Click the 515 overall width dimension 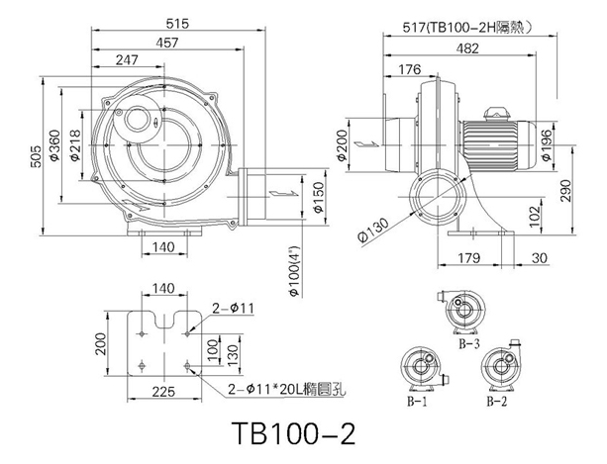pyautogui.click(x=177, y=24)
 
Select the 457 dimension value pyautogui.click(x=167, y=43)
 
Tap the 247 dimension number pyautogui.click(x=127, y=60)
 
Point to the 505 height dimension pyautogui.click(x=36, y=156)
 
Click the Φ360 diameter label pyautogui.click(x=54, y=145)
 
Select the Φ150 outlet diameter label pyautogui.click(x=318, y=198)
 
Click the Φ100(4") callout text pyautogui.click(x=295, y=271)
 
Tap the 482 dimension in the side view pyautogui.click(x=467, y=48)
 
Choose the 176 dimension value pyautogui.click(x=410, y=69)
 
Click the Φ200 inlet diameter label pyautogui.click(x=342, y=145)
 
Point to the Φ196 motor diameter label pyautogui.click(x=547, y=145)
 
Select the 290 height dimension pyautogui.click(x=566, y=190)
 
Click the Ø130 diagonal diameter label pyautogui.click(x=373, y=231)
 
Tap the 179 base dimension pyautogui.click(x=468, y=258)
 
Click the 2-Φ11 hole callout pyautogui.click(x=233, y=308)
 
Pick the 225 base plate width pyautogui.click(x=163, y=392)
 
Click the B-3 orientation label pyautogui.click(x=468, y=343)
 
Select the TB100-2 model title pyautogui.click(x=293, y=433)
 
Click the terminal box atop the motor pyautogui.click(x=496, y=114)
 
